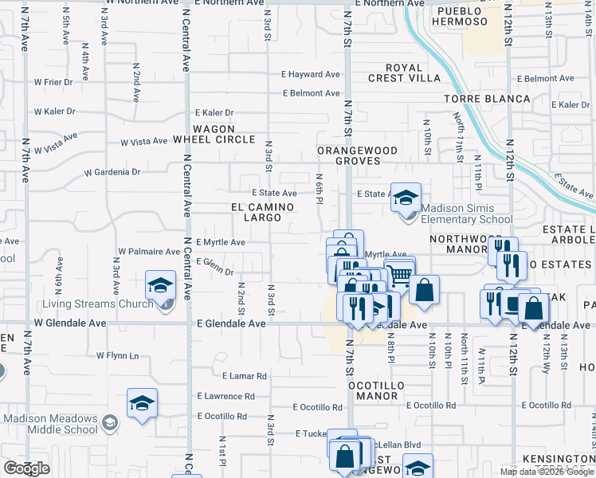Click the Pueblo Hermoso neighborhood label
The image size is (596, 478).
[458, 17]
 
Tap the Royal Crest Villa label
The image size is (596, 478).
[404, 72]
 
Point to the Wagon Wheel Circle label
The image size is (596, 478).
[214, 134]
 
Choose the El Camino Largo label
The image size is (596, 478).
[257, 211]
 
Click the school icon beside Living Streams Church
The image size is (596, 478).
[160, 284]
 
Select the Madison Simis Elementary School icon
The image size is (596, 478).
[406, 197]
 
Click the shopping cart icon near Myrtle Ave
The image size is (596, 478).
[401, 275]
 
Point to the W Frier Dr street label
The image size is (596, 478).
[53, 81]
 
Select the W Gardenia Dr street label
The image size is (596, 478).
[112, 172]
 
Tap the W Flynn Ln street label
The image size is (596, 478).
[117, 355]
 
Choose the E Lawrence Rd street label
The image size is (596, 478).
[229, 396]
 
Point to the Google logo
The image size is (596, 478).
[27, 468]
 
